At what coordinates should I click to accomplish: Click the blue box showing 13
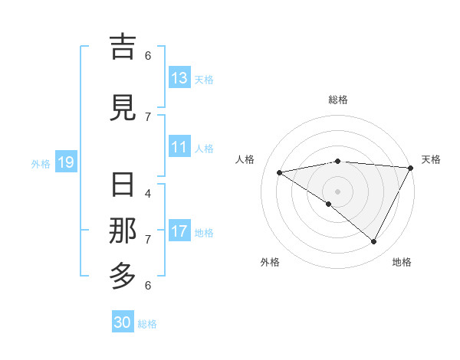179,78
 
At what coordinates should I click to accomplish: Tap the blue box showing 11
179,148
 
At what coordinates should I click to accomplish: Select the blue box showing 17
179,231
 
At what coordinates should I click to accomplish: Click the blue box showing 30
123,322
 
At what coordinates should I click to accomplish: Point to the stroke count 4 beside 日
148,193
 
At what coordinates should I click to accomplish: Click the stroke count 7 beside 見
148,116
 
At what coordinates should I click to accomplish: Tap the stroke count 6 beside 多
148,285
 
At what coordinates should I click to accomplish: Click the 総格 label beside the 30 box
147,324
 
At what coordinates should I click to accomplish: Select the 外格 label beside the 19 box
41,163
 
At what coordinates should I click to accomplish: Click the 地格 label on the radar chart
402,262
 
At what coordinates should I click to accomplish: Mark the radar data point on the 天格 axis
411,168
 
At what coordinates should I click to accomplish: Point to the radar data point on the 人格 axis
280,172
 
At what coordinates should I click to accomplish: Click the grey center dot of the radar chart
337,191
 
